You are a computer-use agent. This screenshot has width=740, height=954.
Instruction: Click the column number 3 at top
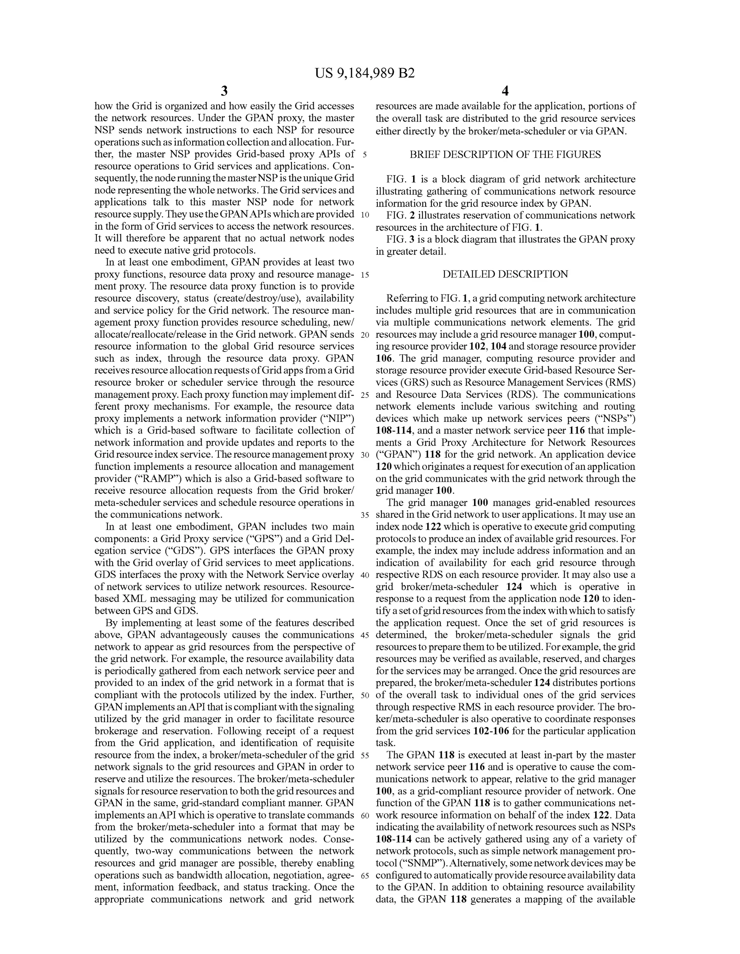224,91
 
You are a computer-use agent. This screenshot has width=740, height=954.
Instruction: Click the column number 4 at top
505,91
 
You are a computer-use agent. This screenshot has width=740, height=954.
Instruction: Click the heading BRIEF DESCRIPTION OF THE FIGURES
505,154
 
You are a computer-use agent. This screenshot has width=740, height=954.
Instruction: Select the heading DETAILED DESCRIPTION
505,274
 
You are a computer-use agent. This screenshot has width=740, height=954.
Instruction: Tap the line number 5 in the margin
364,155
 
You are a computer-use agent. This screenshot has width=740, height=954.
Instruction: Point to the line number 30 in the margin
365,455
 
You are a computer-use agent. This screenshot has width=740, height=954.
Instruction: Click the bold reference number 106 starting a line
384,358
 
